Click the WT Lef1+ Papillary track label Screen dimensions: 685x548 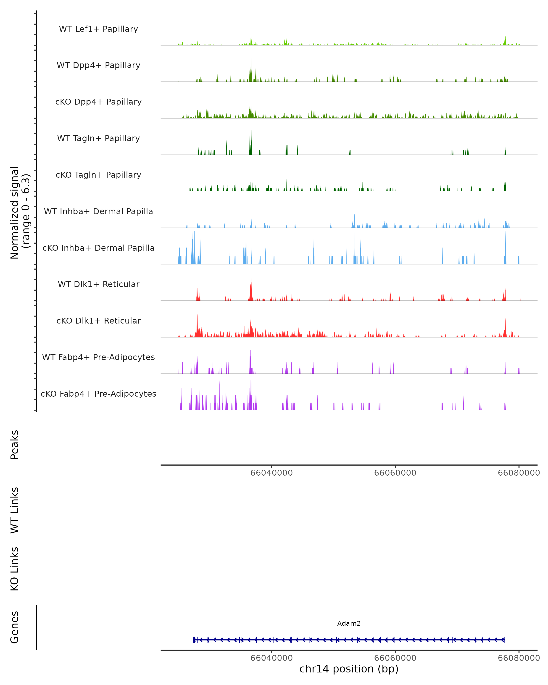pyautogui.click(x=98, y=29)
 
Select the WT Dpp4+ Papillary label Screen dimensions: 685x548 pyautogui.click(x=98, y=66)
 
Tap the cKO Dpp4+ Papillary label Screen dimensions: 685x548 pyautogui.click(x=98, y=102)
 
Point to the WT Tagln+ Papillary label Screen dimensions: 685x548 pyautogui.click(x=98, y=139)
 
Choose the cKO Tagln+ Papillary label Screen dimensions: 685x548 pyautogui.click(x=98, y=175)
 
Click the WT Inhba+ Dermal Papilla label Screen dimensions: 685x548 pyautogui.click(x=98, y=212)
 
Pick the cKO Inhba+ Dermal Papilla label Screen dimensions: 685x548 pyautogui.click(x=98, y=248)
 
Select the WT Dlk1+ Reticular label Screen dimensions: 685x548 pyautogui.click(x=98, y=284)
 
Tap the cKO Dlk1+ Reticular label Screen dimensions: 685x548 pyautogui.click(x=98, y=321)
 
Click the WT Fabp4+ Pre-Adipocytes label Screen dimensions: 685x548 pyautogui.click(x=98, y=357)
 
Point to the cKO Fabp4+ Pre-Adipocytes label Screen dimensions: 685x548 pyautogui.click(x=98, y=394)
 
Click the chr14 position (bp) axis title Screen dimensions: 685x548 pyautogui.click(x=349, y=669)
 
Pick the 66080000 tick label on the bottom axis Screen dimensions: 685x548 pyautogui.click(x=519, y=658)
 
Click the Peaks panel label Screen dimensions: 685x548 pyautogui.click(x=15, y=445)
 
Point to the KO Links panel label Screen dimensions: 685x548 pyautogui.click(x=15, y=569)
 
